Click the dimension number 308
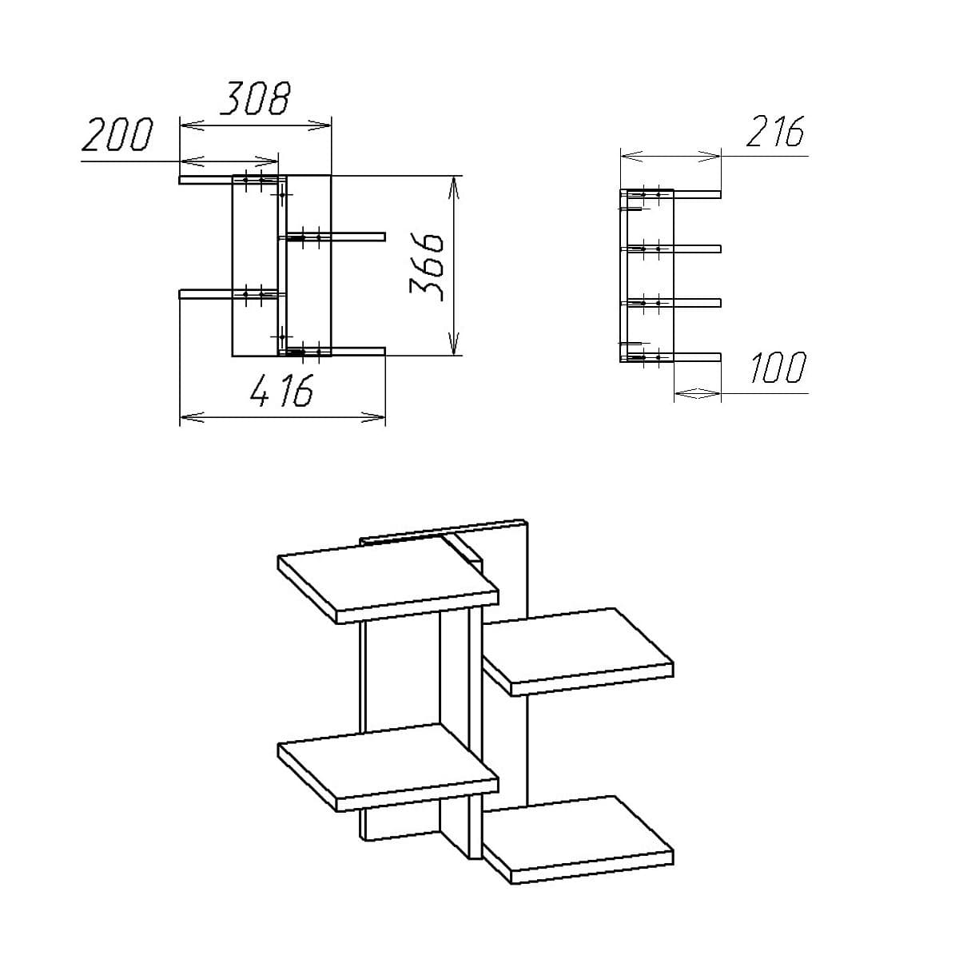(254, 99)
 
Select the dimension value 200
(117, 135)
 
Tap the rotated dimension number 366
(427, 267)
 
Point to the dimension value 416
(282, 392)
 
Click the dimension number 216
(774, 132)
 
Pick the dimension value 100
(778, 369)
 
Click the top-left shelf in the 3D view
(388, 579)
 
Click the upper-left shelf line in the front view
(206, 180)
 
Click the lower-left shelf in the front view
(206, 294)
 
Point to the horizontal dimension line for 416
(282, 416)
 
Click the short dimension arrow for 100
(698, 392)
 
